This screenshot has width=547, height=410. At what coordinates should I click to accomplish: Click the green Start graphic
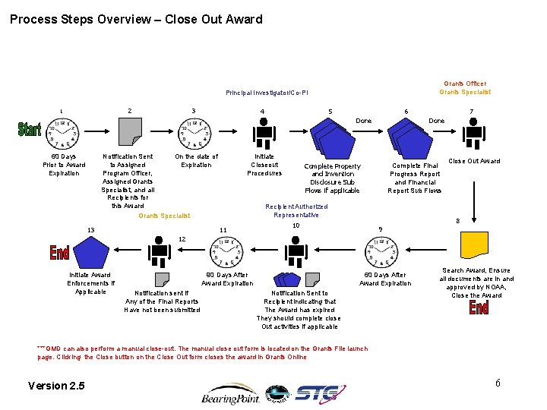click(30, 130)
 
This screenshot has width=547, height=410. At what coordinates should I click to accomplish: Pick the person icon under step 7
click(474, 134)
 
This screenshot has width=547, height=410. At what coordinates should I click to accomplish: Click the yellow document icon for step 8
click(474, 244)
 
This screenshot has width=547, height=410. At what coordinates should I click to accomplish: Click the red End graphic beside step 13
click(59, 252)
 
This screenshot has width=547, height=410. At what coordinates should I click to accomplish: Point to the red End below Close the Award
click(479, 307)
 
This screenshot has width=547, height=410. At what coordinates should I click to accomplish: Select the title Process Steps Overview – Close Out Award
click(136, 20)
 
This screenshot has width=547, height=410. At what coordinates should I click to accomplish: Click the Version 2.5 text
click(56, 386)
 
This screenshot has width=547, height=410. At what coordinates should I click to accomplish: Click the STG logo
click(320, 393)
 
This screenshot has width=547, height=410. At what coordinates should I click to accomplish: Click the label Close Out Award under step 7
click(474, 161)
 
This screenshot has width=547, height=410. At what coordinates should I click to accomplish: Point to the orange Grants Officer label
click(465, 84)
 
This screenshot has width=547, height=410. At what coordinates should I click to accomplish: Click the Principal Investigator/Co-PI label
click(267, 93)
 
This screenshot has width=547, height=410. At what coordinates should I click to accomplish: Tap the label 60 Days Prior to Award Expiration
click(64, 165)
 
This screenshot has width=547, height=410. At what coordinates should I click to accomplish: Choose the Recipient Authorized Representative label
click(296, 210)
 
